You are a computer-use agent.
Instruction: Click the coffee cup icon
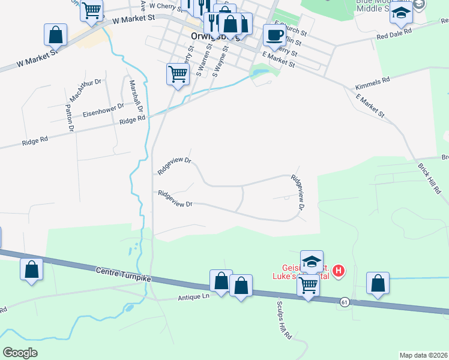coord(274,34)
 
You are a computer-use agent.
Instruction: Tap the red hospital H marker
coord(339,271)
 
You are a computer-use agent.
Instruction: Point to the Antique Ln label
coord(193,298)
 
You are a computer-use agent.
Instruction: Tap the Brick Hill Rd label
coord(430,178)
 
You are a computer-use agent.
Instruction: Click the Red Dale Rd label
coord(394,32)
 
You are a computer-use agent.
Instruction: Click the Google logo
coord(20,352)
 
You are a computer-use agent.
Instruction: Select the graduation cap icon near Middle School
coord(400,13)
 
